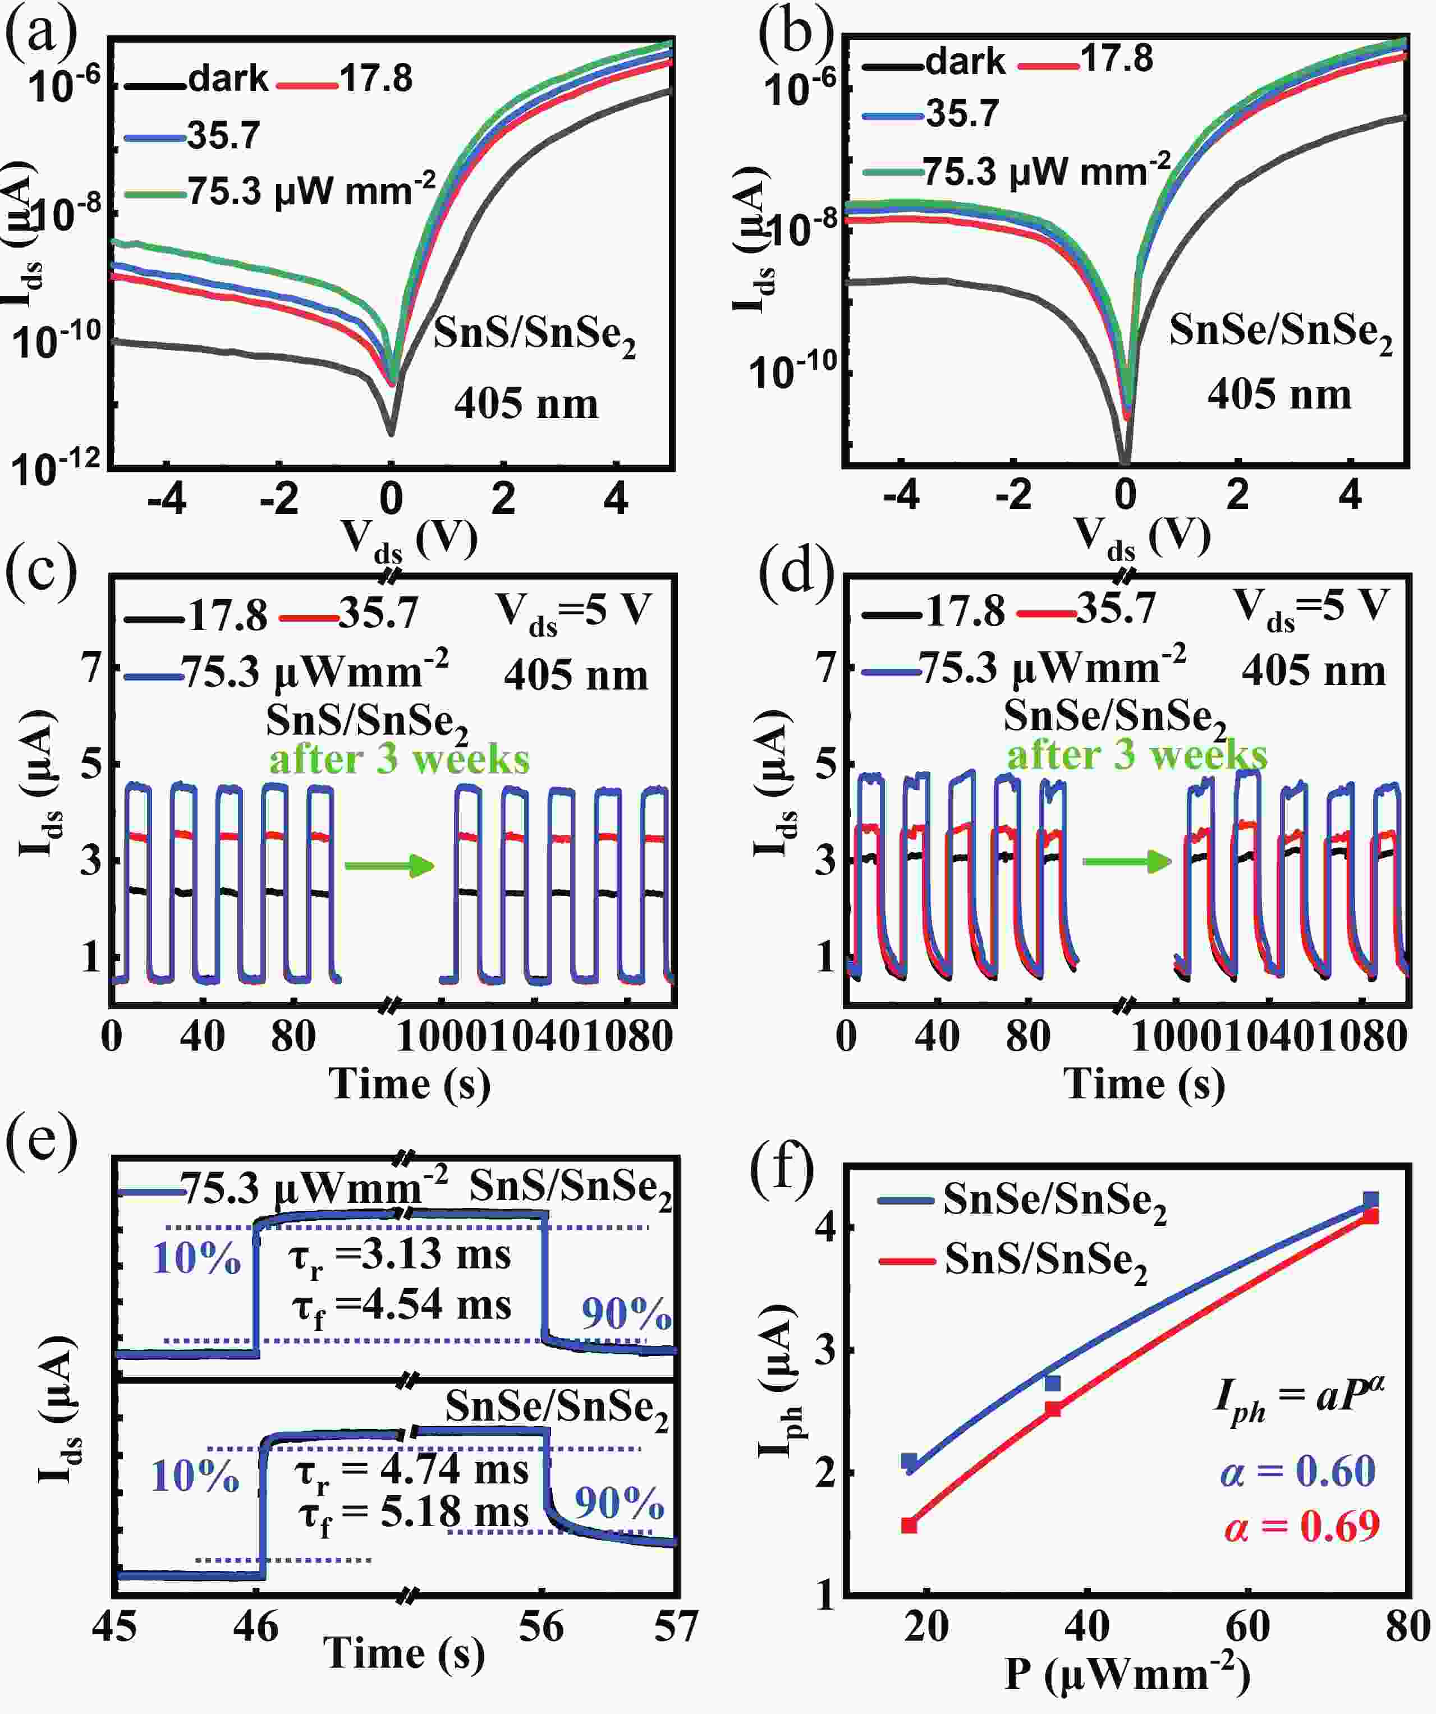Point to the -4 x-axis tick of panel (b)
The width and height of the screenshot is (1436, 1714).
pyautogui.click(x=901, y=495)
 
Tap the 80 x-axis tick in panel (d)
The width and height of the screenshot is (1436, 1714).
pyautogui.click(x=1027, y=1037)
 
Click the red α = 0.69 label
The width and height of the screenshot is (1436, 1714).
pyautogui.click(x=1301, y=1526)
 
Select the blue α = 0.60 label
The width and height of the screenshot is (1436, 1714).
pyautogui.click(x=1298, y=1470)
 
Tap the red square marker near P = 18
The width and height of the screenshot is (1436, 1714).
pyautogui.click(x=909, y=1524)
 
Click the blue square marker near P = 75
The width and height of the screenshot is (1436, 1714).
pyautogui.click(x=1371, y=1200)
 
